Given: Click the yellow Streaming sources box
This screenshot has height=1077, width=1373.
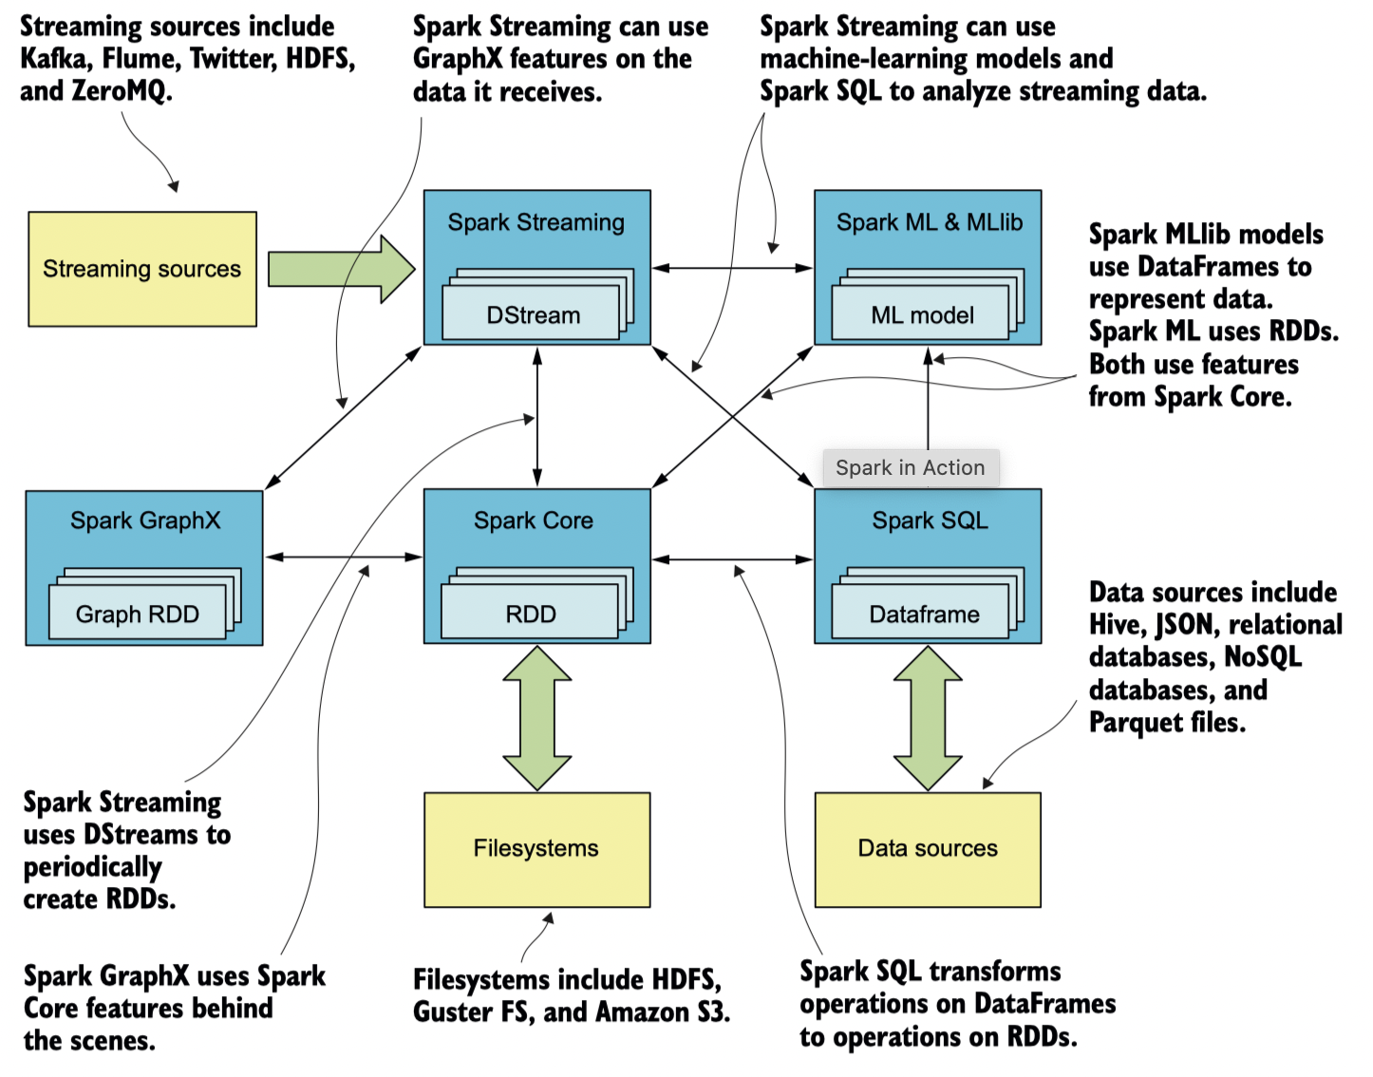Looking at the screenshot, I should point(142,269).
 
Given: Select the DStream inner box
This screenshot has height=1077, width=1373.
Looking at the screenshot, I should point(531,315).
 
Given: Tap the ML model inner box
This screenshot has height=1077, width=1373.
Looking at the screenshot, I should point(921,315).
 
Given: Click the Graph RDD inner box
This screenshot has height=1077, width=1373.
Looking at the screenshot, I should point(138,614).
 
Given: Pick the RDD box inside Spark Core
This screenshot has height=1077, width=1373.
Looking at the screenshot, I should point(530,614).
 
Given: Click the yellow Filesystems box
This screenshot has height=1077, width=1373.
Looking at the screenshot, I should point(536,849).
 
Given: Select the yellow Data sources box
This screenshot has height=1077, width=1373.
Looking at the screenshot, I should point(928,849).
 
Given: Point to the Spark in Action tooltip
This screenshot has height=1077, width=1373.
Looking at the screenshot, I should point(910,467).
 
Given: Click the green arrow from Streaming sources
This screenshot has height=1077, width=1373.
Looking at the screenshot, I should point(341,269).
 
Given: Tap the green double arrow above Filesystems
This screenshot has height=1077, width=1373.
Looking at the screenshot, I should point(537,718).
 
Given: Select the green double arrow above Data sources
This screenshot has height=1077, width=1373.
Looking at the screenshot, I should point(928,718).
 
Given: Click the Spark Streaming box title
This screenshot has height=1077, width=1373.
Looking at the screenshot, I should point(536,222).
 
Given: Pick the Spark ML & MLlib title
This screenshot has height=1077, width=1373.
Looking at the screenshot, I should point(929,222).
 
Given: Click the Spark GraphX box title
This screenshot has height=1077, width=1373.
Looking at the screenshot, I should point(145,520).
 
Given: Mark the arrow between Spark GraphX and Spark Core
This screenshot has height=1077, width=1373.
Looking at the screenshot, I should point(344,557).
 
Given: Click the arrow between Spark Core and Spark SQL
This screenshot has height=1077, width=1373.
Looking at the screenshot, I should point(732,559).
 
